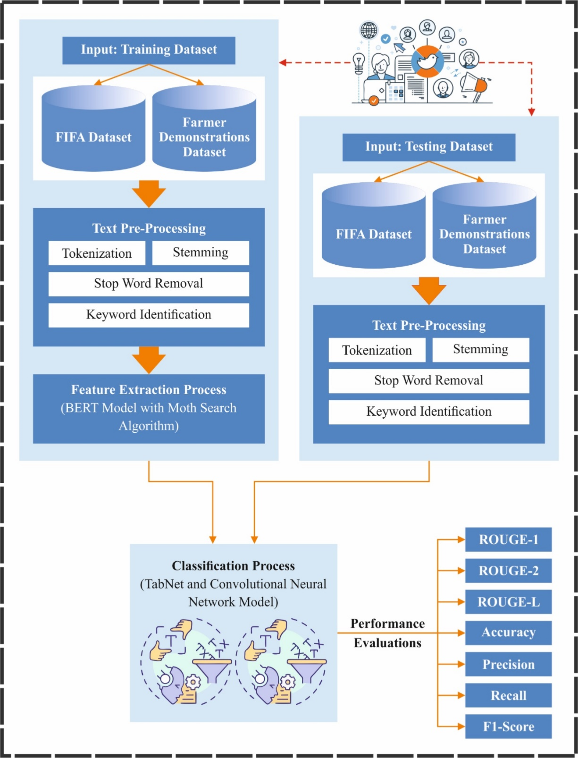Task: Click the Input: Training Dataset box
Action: pyautogui.click(x=149, y=50)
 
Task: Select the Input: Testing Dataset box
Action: pyautogui.click(x=429, y=147)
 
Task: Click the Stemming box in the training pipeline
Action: pyautogui.click(x=200, y=252)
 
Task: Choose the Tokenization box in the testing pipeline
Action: pyautogui.click(x=377, y=350)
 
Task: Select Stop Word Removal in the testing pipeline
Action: pyautogui.click(x=429, y=380)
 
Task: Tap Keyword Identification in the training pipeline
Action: pyautogui.click(x=149, y=315)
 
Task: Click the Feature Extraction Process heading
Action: pyautogui.click(x=149, y=389)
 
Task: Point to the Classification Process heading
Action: pyautogui.click(x=233, y=566)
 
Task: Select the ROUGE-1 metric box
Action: pyautogui.click(x=508, y=540)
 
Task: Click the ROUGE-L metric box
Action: pyautogui.click(x=508, y=602)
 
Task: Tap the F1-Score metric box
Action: pyautogui.click(x=508, y=726)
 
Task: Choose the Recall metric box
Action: pyautogui.click(x=508, y=695)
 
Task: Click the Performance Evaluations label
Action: pyautogui.click(x=387, y=633)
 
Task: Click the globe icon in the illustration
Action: pyautogui.click(x=369, y=30)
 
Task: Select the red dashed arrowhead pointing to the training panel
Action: pyautogui.click(x=283, y=63)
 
